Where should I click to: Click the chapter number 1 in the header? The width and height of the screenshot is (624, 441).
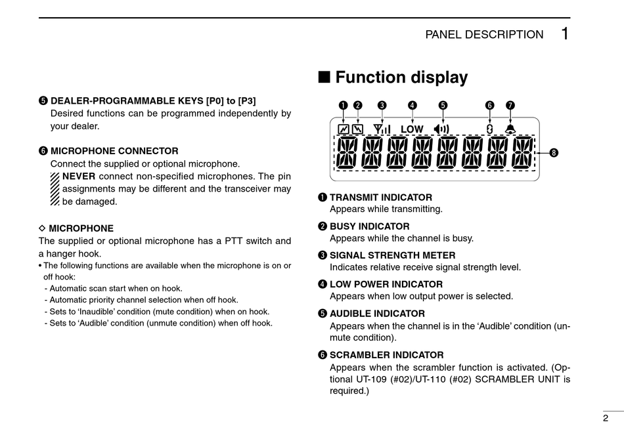click(x=565, y=34)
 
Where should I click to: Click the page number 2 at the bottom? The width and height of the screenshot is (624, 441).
click(x=605, y=418)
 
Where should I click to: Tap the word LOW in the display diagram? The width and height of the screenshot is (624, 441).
click(x=412, y=129)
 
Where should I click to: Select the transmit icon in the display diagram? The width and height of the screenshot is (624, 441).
click(x=343, y=129)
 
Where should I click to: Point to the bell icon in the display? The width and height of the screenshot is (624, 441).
click(x=510, y=129)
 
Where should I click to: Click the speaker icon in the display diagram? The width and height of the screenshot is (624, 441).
click(x=442, y=129)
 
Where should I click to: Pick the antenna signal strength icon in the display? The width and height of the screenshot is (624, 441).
click(x=382, y=129)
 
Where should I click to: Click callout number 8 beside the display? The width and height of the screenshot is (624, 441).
click(x=554, y=153)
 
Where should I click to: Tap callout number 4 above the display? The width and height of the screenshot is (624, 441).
click(x=412, y=105)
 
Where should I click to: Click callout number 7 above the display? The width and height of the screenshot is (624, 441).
click(x=510, y=105)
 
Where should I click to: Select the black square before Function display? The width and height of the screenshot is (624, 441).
click(x=324, y=78)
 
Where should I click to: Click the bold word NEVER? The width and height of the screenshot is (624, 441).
click(x=78, y=176)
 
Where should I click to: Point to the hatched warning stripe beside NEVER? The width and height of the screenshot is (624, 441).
click(x=55, y=189)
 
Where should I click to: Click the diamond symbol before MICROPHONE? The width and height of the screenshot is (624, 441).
click(x=42, y=228)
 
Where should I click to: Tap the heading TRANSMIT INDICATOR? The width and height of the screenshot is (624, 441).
click(x=380, y=198)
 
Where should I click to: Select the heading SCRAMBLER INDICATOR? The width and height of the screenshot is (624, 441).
click(x=386, y=355)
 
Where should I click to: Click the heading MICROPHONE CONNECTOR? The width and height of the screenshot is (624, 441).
click(x=114, y=151)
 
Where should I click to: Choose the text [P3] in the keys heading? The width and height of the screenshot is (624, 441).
click(x=247, y=101)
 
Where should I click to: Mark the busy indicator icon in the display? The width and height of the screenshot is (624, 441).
click(x=357, y=129)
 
